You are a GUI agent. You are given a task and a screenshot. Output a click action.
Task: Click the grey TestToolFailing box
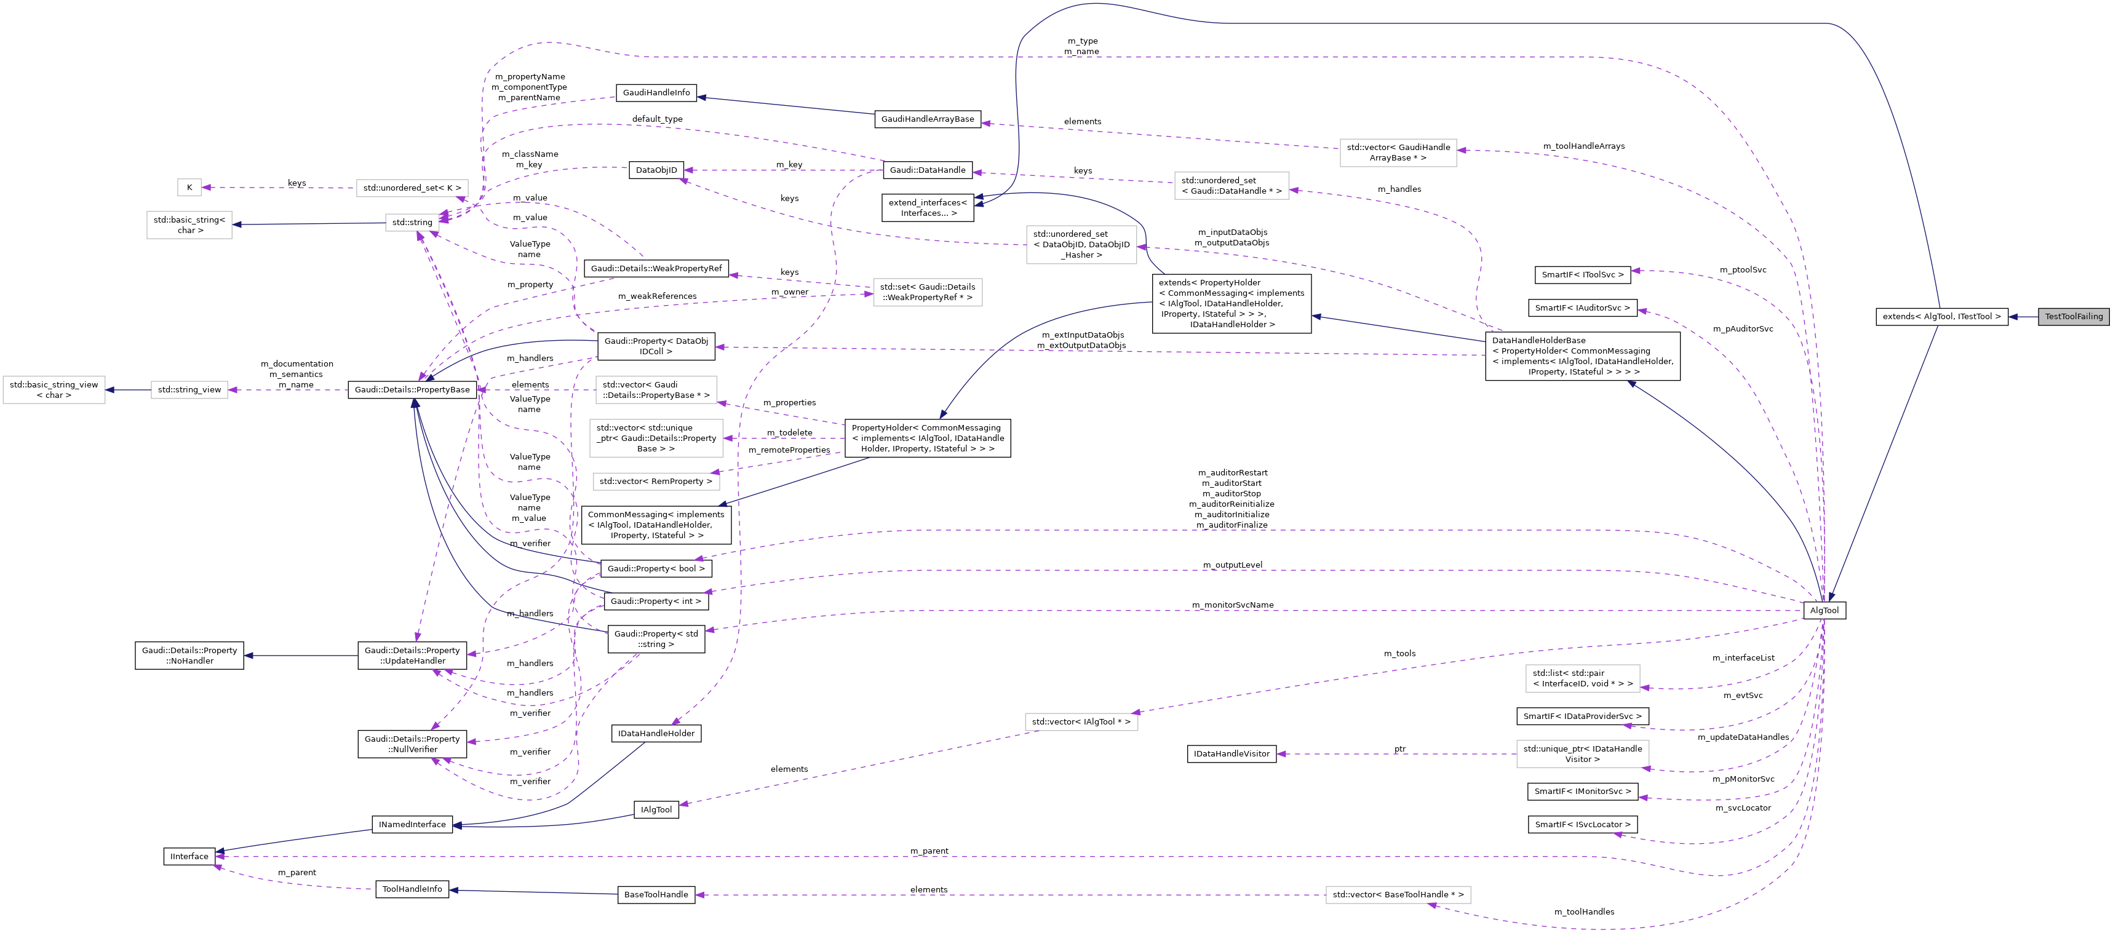click(2073, 317)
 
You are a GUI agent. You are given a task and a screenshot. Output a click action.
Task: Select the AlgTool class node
click(1825, 611)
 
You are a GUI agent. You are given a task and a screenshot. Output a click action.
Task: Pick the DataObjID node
click(656, 170)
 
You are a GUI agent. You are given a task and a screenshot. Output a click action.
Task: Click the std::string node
click(412, 222)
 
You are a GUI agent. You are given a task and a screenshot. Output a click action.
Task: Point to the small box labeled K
click(189, 188)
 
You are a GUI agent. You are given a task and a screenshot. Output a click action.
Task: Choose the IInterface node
click(189, 857)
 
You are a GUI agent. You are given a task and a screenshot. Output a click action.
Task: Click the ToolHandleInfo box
click(412, 889)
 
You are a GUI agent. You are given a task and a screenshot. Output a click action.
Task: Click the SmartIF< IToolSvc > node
click(1582, 275)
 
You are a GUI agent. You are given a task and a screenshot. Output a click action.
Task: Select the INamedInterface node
click(412, 825)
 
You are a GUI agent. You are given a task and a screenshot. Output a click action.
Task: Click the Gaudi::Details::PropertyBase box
click(412, 391)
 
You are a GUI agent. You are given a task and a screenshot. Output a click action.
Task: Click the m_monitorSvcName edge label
click(1232, 605)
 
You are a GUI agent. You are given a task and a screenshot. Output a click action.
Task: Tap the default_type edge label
click(657, 119)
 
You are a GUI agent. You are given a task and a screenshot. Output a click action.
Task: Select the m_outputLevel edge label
click(1232, 565)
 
